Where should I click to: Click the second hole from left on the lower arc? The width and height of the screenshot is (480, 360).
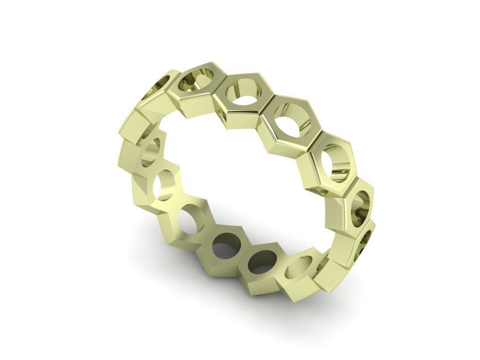tap(167, 185)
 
